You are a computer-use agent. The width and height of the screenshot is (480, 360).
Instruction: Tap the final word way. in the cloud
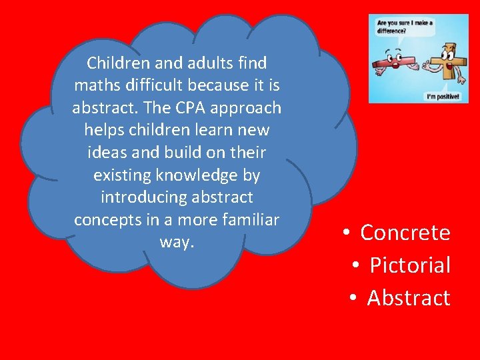click(x=177, y=242)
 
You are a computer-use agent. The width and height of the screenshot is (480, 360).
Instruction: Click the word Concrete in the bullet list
click(x=405, y=233)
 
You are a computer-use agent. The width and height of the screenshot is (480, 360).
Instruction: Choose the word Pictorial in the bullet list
click(x=410, y=265)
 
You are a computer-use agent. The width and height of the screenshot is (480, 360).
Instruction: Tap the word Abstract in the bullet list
click(x=409, y=298)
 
